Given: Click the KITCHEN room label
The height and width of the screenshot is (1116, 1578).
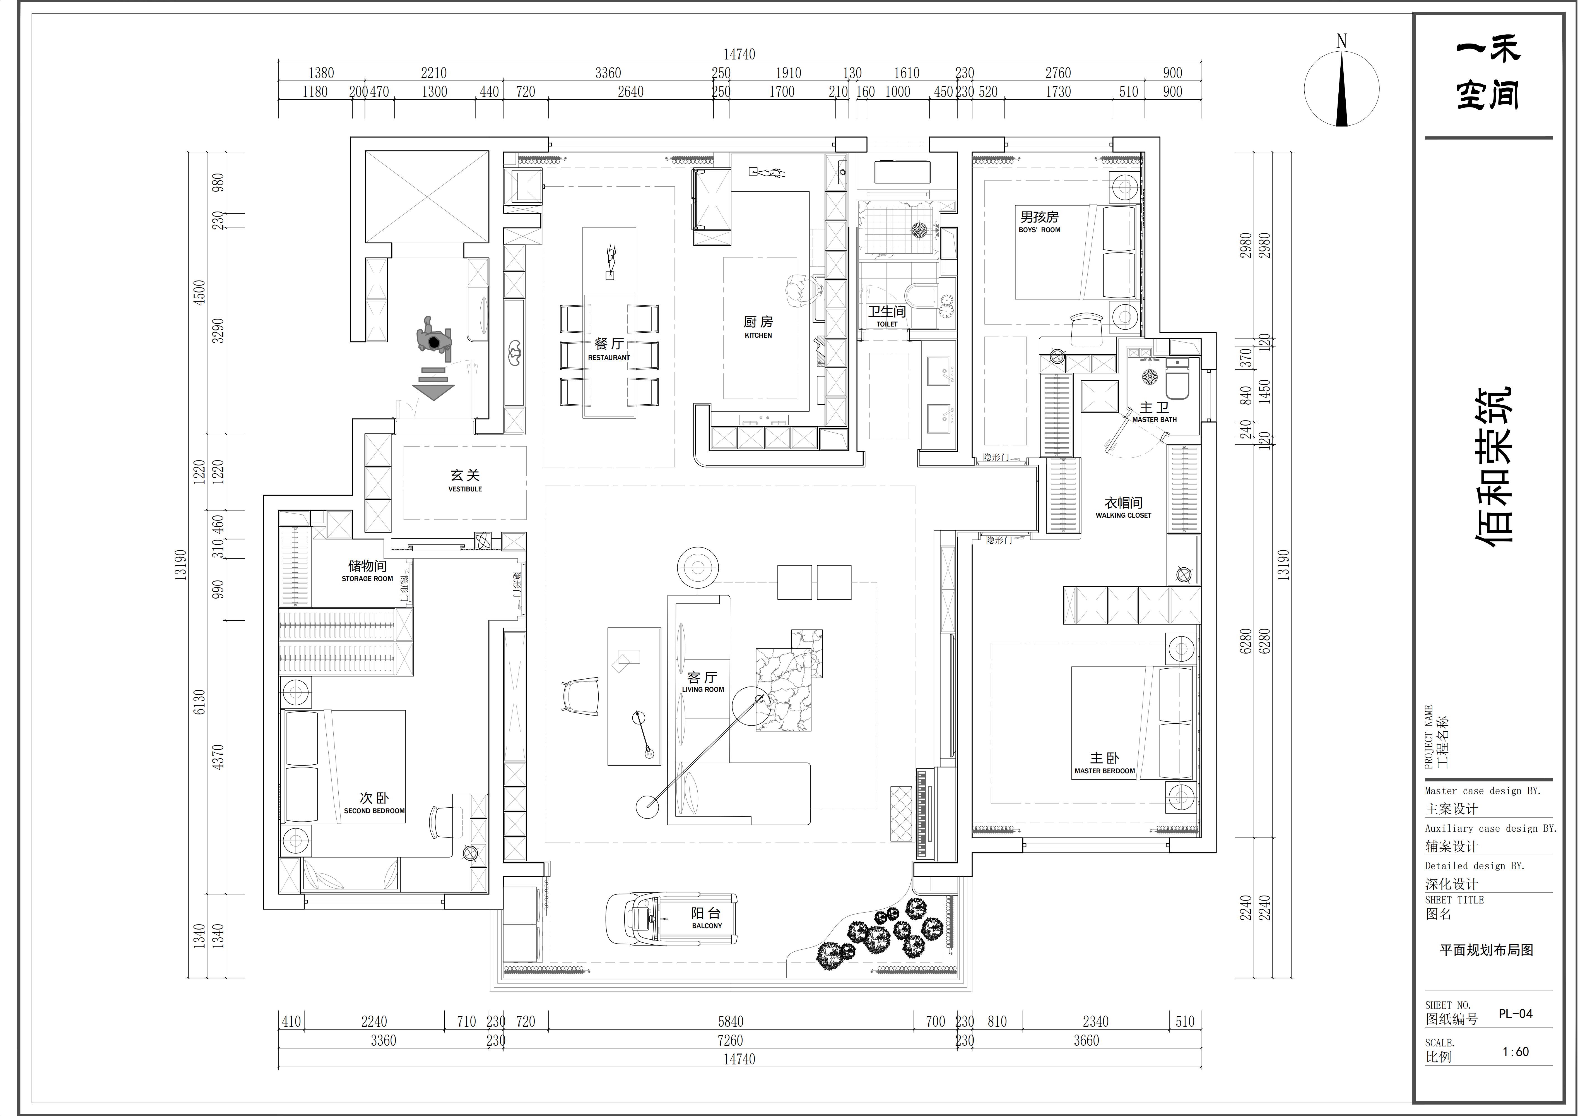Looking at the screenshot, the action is pyautogui.click(x=758, y=335).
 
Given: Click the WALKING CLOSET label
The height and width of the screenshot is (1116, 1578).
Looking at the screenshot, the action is pyautogui.click(x=1123, y=515).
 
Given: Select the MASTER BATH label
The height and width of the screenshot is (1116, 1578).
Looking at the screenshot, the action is pyautogui.click(x=1155, y=419).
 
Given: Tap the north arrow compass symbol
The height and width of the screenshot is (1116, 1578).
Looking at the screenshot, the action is pyautogui.click(x=1341, y=88).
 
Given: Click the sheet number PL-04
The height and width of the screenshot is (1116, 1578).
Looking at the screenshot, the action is pyautogui.click(x=1516, y=1014).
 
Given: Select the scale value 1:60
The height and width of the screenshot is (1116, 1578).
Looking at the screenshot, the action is pyautogui.click(x=1516, y=1051).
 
